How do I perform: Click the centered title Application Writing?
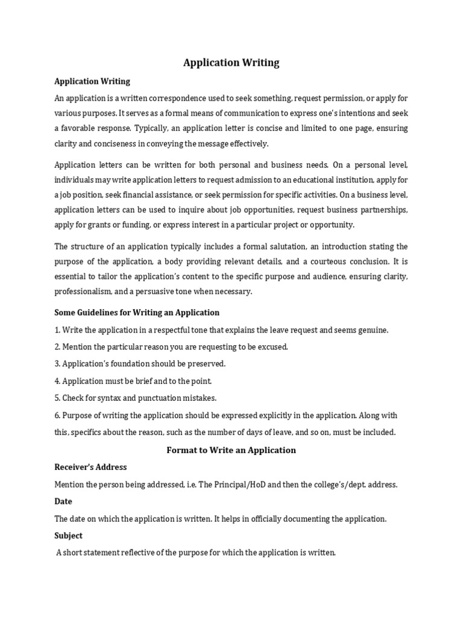click(x=231, y=63)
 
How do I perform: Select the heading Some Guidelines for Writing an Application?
click(x=137, y=313)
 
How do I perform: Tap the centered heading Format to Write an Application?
click(x=231, y=450)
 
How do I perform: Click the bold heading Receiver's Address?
click(x=90, y=467)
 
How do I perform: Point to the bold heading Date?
click(x=63, y=501)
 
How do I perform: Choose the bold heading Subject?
click(x=69, y=536)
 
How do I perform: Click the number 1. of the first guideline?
click(x=57, y=330)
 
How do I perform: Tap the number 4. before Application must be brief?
click(x=57, y=381)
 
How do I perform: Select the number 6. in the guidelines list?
click(x=57, y=416)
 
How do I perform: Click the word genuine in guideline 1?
click(x=374, y=330)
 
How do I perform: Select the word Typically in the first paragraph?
click(x=153, y=128)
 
